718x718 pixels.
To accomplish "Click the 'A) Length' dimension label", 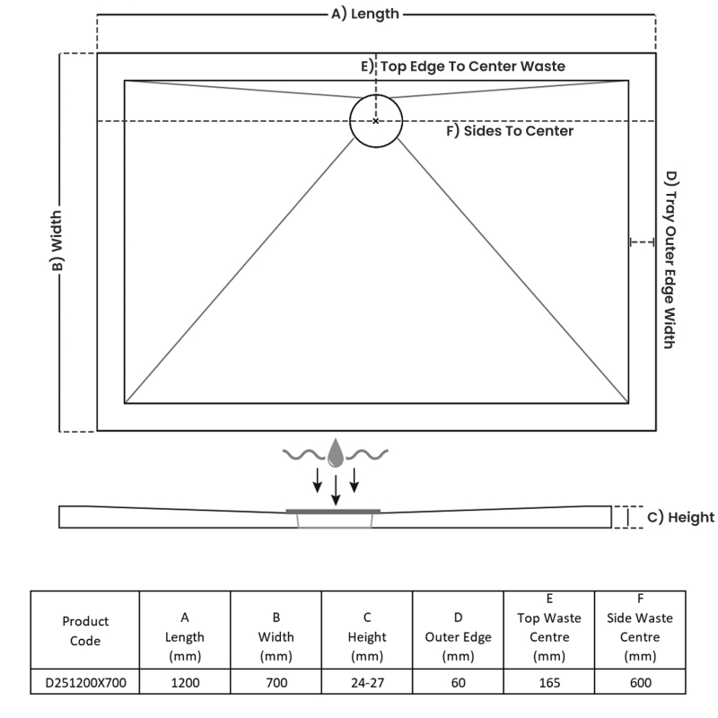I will pyautogui.click(x=365, y=13).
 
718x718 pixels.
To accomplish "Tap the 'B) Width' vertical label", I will pyautogui.click(x=57, y=242).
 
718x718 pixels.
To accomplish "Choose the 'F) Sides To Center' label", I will pyautogui.click(x=510, y=131).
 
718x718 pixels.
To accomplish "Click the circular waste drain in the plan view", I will pyautogui.click(x=376, y=120).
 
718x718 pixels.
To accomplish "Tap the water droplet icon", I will pyautogui.click(x=336, y=454).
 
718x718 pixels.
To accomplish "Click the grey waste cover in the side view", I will pyautogui.click(x=334, y=511).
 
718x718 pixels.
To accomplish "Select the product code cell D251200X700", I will pyautogui.click(x=86, y=683).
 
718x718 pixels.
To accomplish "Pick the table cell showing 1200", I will pyautogui.click(x=185, y=683).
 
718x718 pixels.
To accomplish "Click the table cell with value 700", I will pyautogui.click(x=276, y=683).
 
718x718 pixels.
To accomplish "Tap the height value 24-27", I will pyautogui.click(x=367, y=683).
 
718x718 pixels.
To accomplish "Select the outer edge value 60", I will pyautogui.click(x=458, y=683).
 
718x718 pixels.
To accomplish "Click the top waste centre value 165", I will pyautogui.click(x=549, y=683).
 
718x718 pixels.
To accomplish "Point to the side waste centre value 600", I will pyautogui.click(x=640, y=683).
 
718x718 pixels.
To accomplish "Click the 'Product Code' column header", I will pyautogui.click(x=86, y=630).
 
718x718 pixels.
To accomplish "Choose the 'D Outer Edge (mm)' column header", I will pyautogui.click(x=458, y=636).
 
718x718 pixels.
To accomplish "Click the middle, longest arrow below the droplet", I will pyautogui.click(x=336, y=489).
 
